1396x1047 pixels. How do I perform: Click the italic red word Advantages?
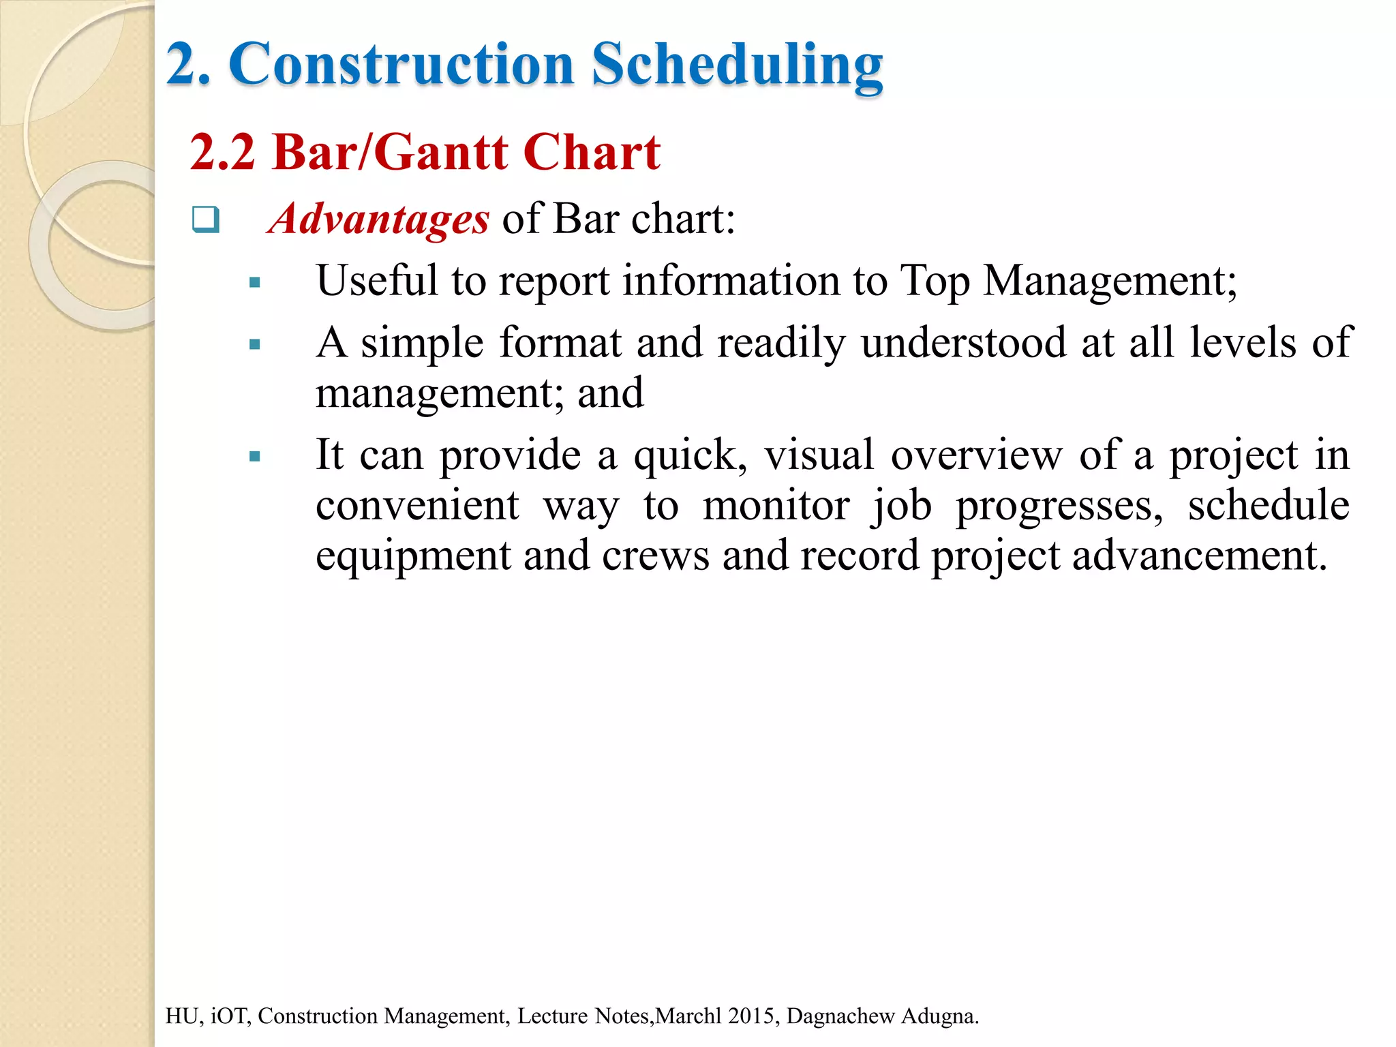[x=379, y=219]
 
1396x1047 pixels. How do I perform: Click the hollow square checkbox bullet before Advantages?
[x=205, y=220]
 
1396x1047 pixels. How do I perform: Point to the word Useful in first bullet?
[x=377, y=280]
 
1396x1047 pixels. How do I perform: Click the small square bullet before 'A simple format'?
[x=255, y=345]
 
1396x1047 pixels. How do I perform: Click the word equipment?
[x=413, y=556]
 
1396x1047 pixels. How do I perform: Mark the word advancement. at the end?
[x=1200, y=555]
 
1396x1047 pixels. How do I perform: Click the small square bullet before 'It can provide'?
[x=255, y=457]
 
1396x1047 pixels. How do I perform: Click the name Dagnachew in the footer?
[x=840, y=1016]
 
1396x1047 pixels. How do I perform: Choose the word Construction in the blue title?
[x=401, y=65]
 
